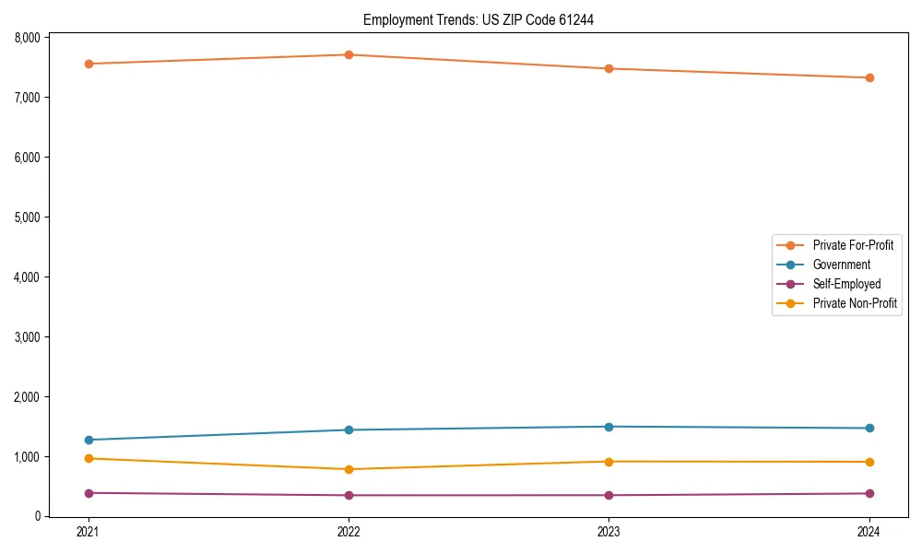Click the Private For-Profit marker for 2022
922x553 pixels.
[349, 54]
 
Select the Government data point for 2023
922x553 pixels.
[609, 427]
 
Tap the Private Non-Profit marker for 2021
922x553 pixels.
[89, 458]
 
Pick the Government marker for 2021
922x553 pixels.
[89, 440]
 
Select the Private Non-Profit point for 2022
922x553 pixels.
[349, 469]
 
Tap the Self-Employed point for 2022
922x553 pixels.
[349, 495]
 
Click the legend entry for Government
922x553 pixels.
[841, 265]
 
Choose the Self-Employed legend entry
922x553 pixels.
[846, 284]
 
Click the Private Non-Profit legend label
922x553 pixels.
[855, 303]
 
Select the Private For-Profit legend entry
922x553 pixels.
[852, 245]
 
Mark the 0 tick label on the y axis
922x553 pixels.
[38, 517]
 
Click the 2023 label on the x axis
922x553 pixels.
[609, 532]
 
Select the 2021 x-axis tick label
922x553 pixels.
[89, 532]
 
